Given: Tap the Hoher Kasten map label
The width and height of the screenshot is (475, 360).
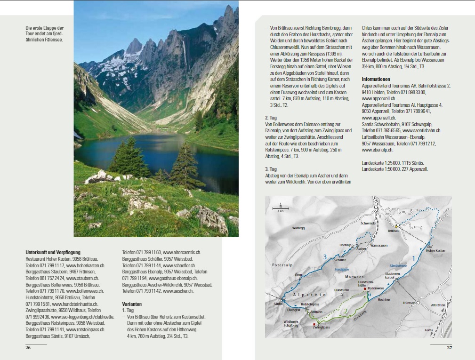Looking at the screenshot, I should [x=436, y=251].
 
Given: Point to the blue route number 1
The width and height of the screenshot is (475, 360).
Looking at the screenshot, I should [x=414, y=258].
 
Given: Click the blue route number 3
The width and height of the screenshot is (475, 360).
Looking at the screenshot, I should [x=324, y=256].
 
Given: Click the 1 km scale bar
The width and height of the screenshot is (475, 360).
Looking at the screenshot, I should [x=281, y=209].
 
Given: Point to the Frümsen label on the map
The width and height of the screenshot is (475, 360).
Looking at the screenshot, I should [x=410, y=303].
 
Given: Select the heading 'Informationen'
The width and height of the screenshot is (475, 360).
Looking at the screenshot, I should [x=376, y=79].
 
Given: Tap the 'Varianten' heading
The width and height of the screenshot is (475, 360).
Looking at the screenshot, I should [x=132, y=304].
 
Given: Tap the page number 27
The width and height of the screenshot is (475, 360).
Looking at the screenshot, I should [x=449, y=348].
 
